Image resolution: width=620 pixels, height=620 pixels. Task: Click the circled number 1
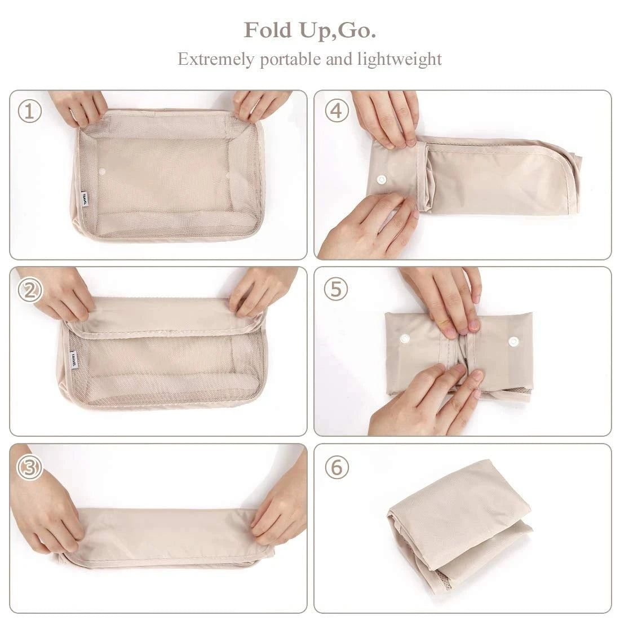[30, 112]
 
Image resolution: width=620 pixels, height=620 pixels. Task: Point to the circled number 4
[336, 112]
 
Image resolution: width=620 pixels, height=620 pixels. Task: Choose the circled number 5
[336, 289]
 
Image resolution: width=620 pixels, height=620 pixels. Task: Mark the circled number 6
[337, 467]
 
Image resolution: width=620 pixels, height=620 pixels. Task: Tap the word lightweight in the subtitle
[399, 59]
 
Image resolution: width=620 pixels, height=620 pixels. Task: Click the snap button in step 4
[382, 180]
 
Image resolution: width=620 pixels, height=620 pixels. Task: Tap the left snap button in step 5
[404, 339]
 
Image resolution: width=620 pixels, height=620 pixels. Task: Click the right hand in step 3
[280, 510]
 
